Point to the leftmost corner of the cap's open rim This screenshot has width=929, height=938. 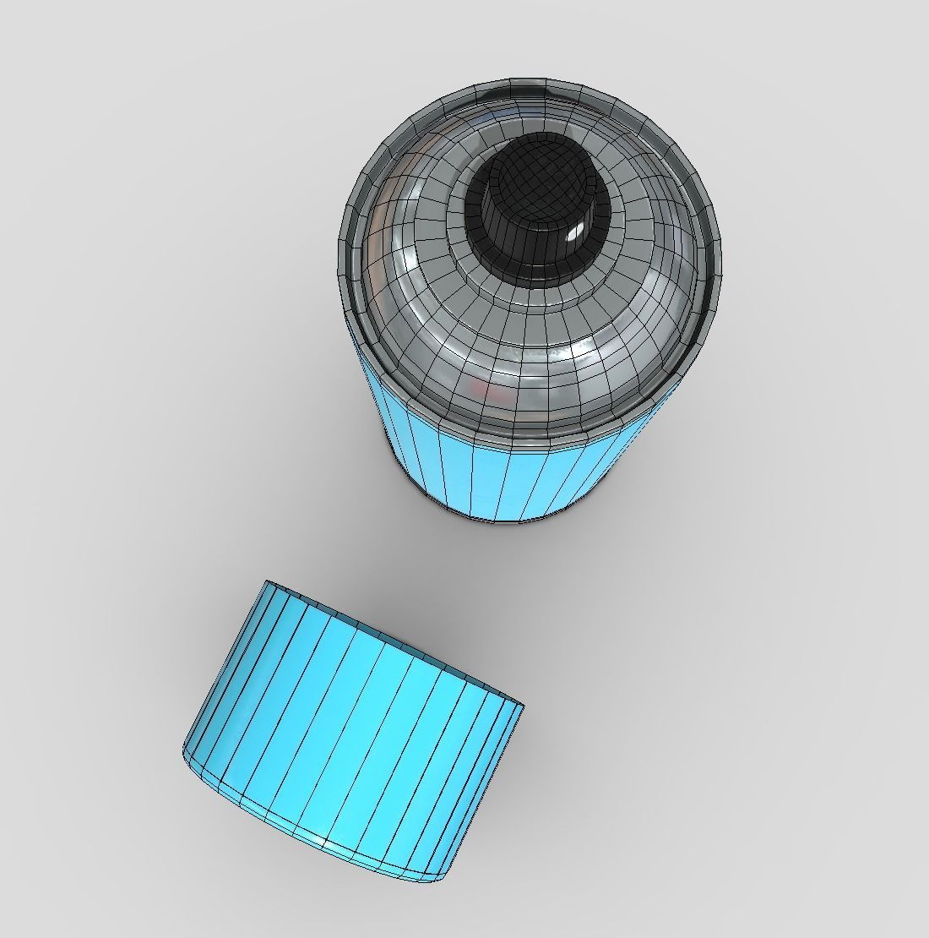[267, 581]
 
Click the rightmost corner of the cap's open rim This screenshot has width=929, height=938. [523, 706]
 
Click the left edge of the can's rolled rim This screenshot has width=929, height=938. [343, 254]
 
